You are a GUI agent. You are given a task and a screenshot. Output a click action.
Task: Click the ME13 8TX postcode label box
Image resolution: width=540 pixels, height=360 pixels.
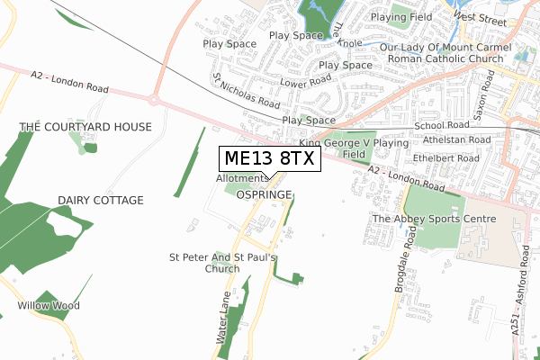(x=268, y=159)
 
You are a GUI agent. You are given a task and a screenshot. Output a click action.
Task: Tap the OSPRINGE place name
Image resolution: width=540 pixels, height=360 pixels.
(x=267, y=193)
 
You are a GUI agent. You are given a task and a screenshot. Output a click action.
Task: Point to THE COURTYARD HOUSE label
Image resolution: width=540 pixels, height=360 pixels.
(x=85, y=127)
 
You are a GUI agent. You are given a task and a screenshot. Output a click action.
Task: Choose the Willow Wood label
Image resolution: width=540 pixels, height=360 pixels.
(x=48, y=306)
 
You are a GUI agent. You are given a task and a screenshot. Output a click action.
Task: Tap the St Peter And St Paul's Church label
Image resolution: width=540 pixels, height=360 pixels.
(x=222, y=262)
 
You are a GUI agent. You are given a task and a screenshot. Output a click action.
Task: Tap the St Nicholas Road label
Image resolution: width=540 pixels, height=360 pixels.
(x=245, y=91)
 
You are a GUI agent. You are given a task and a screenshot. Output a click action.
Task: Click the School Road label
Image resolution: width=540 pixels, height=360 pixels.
(x=445, y=126)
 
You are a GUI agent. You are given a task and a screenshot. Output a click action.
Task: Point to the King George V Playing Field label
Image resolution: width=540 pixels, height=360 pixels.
(x=354, y=148)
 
